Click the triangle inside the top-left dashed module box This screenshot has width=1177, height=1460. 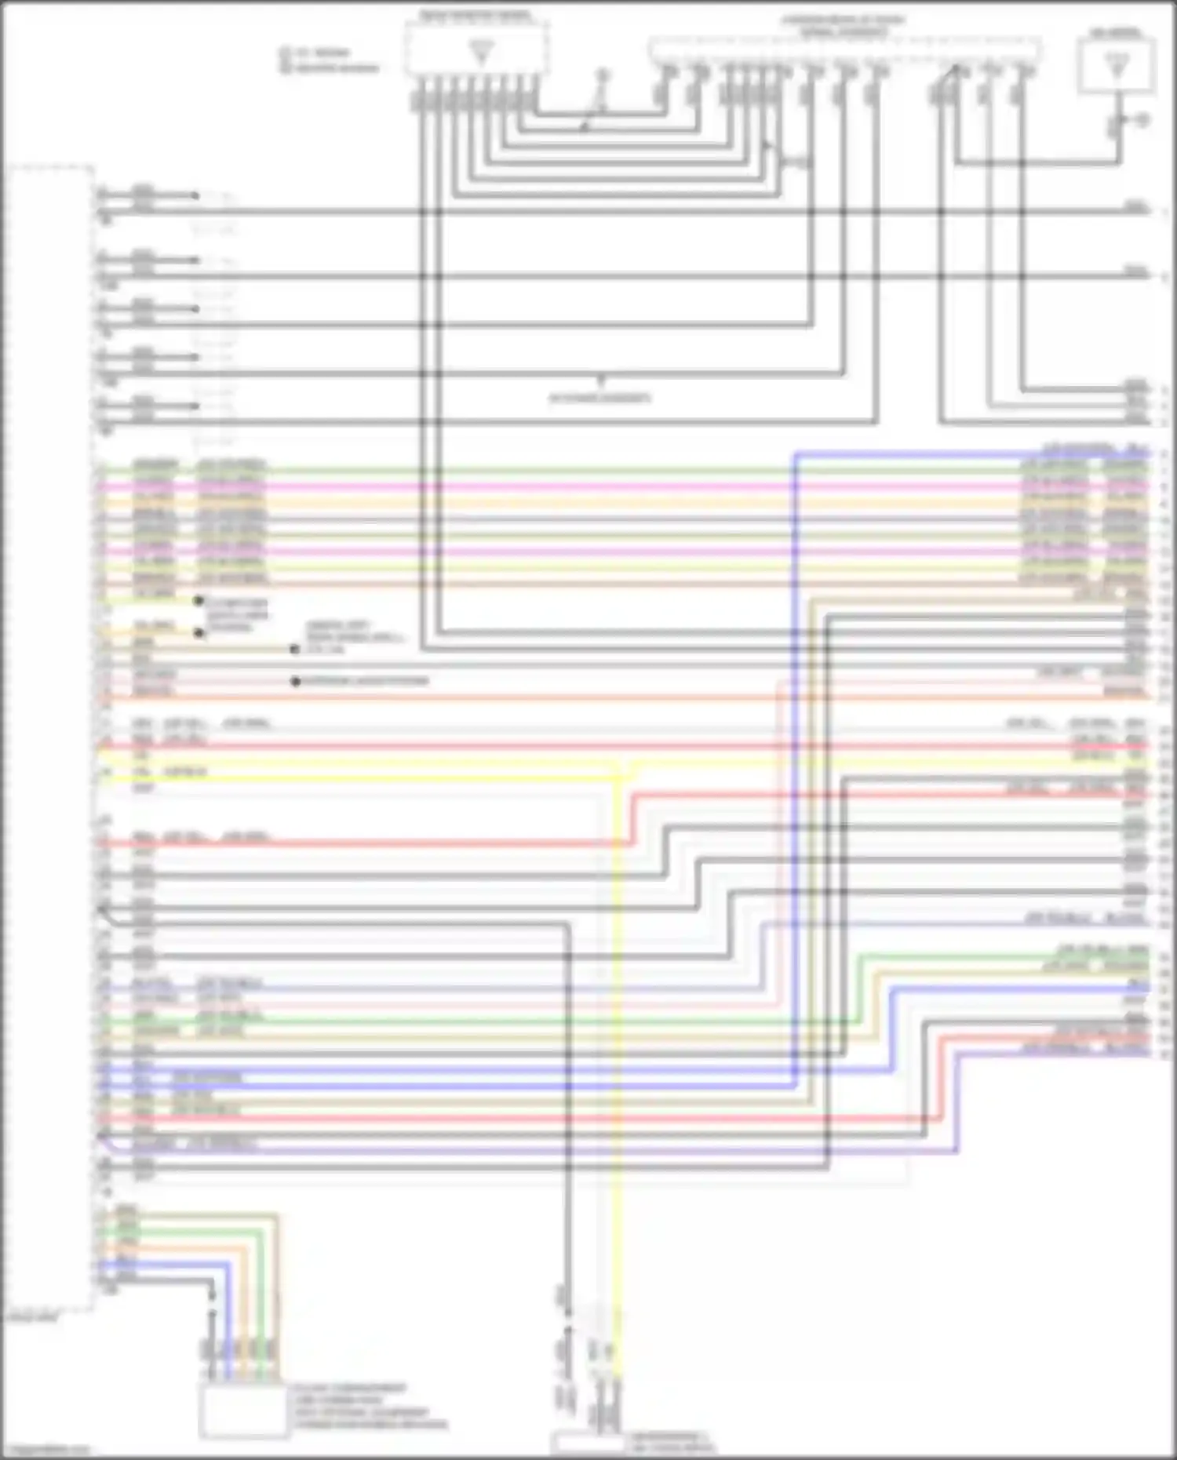click(x=481, y=53)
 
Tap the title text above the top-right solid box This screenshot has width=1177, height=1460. click(x=1116, y=33)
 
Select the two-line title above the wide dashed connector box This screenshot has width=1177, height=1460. click(x=843, y=26)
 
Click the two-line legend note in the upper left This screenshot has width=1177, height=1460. click(x=330, y=60)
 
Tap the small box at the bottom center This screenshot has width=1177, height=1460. click(x=588, y=1442)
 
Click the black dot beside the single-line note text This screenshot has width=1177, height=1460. click(x=296, y=682)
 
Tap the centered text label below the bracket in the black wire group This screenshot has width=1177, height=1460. click(x=599, y=398)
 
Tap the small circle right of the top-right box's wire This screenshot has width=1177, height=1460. click(x=1142, y=120)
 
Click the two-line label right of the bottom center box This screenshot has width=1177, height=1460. click(x=672, y=1442)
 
